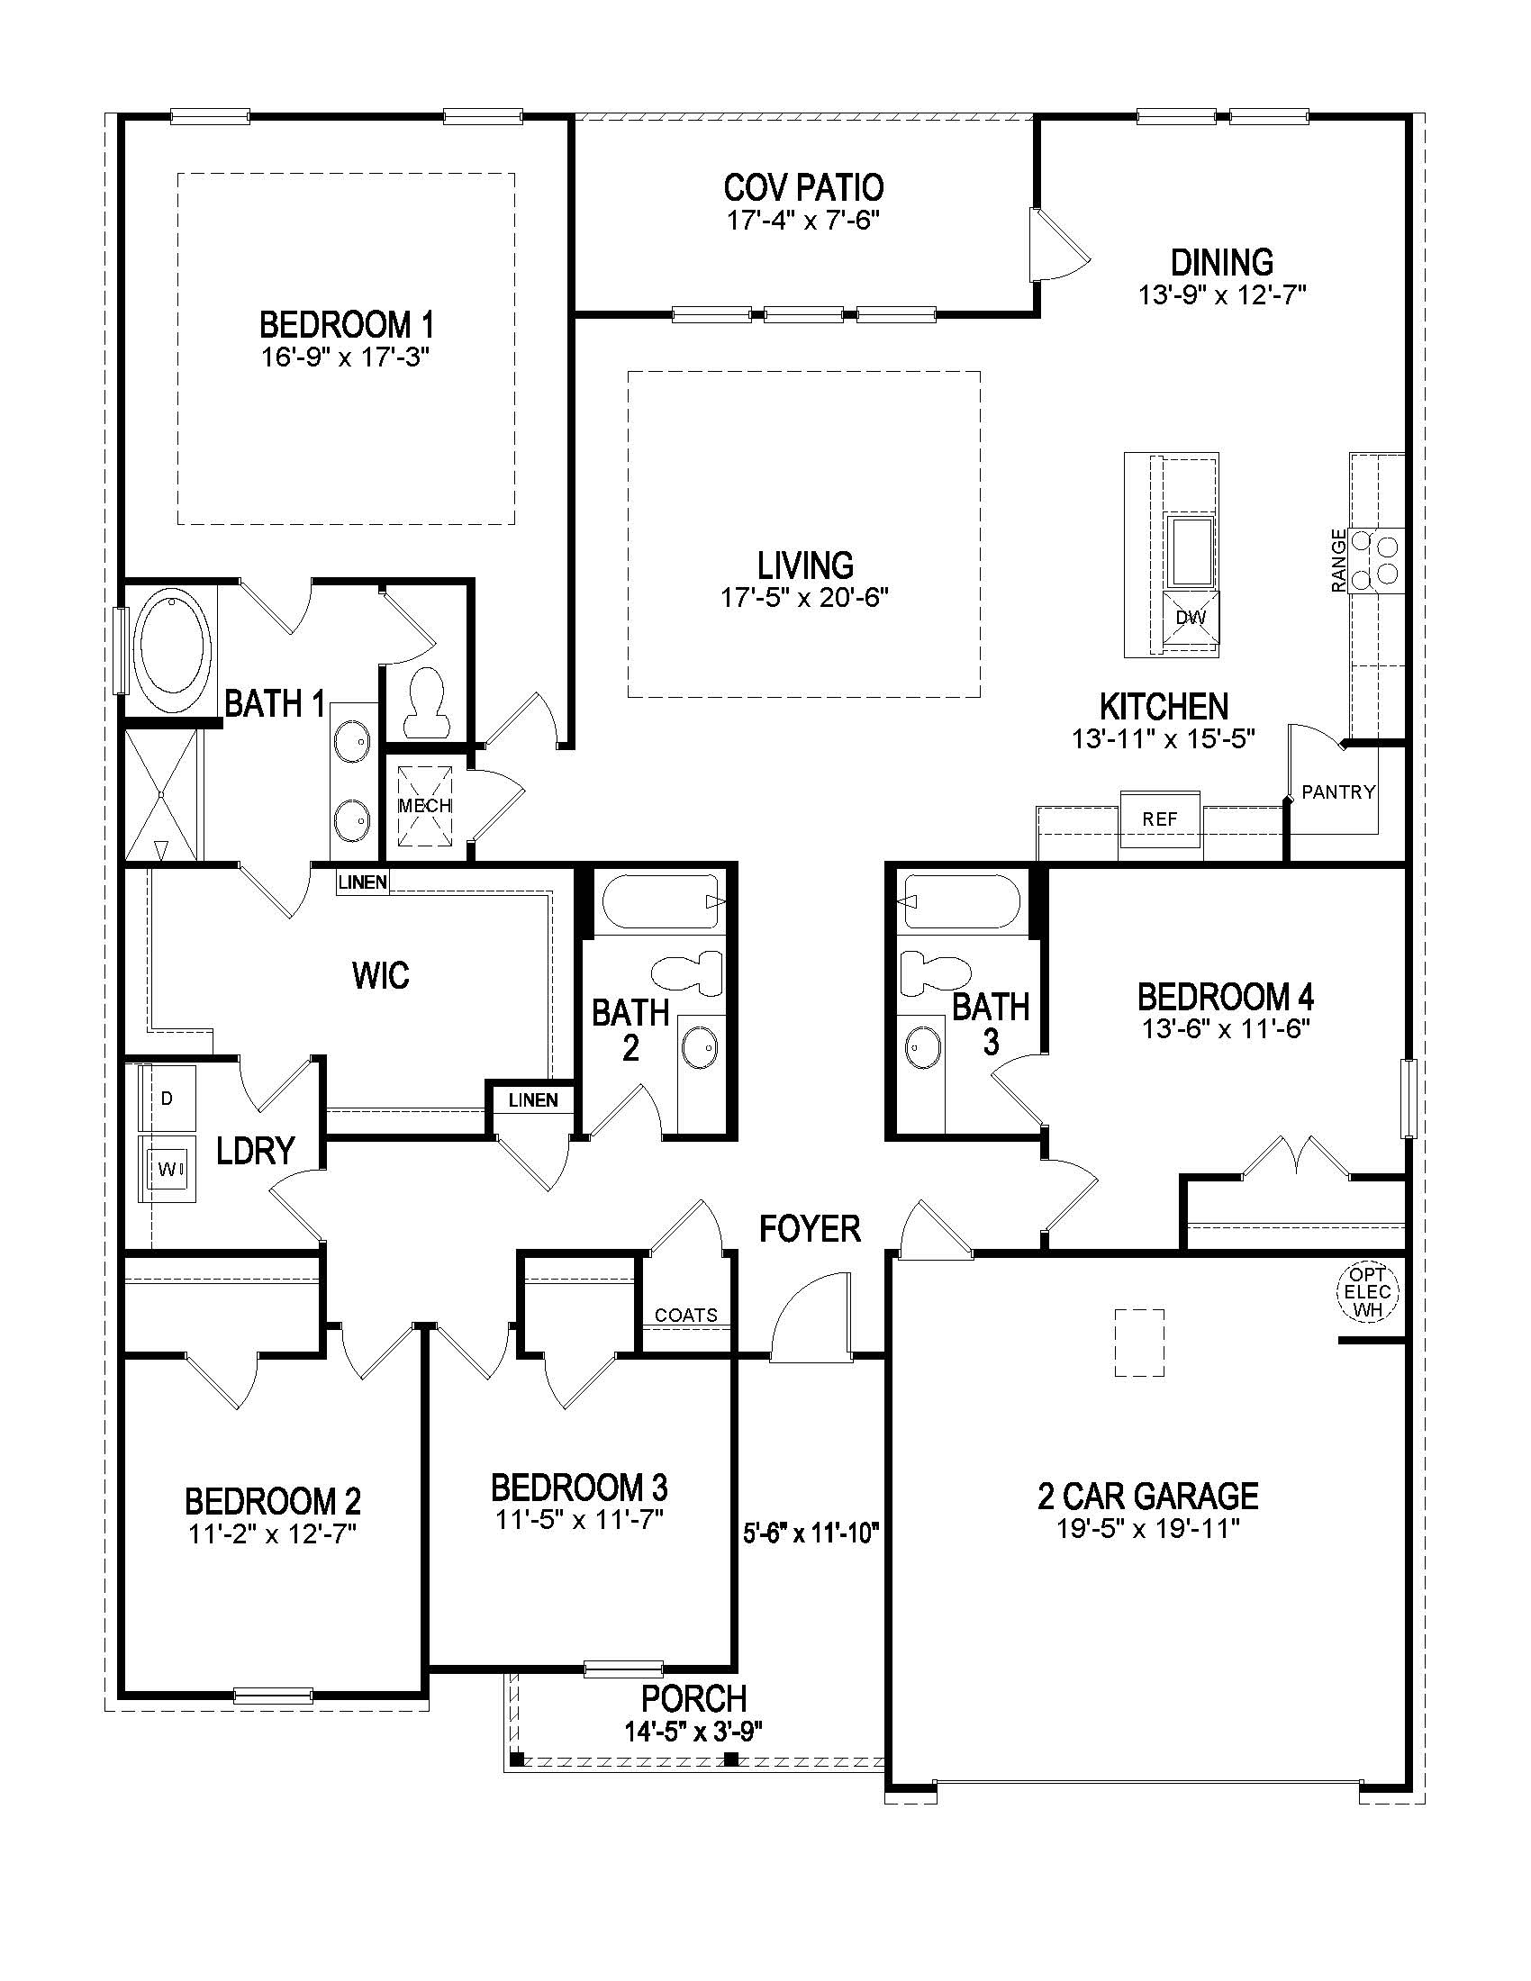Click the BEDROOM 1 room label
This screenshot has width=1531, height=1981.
(x=346, y=324)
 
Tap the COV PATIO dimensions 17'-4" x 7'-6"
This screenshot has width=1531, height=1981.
(x=802, y=221)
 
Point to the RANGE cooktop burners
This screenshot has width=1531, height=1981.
(x=1376, y=561)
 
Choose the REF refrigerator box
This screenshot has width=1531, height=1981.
(x=1159, y=819)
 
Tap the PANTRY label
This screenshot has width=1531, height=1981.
(x=1337, y=791)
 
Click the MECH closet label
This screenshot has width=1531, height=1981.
(x=424, y=806)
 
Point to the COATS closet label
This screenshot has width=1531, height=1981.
(x=685, y=1316)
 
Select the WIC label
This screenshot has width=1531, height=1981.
(x=380, y=976)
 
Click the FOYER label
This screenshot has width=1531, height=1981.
(x=810, y=1229)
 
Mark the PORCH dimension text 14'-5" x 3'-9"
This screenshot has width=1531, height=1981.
(x=693, y=1731)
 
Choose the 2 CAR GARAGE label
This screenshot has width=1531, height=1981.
(x=1147, y=1496)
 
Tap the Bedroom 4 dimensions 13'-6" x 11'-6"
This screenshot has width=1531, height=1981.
(x=1225, y=1028)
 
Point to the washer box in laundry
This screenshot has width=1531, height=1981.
(x=168, y=1169)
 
